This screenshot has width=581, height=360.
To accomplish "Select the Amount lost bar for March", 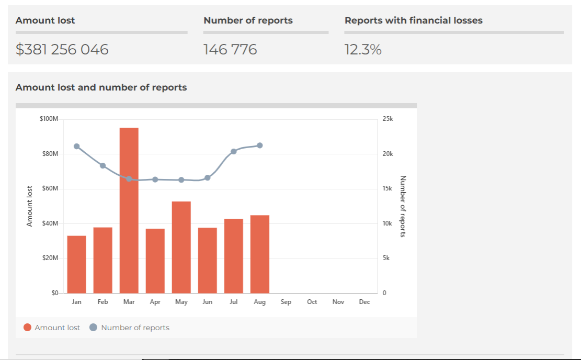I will (x=129, y=210).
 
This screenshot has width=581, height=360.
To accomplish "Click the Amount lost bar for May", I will (x=181, y=247).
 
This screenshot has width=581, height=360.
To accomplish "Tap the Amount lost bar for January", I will (x=76, y=264).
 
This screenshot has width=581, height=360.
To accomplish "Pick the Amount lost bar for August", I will (x=259, y=254).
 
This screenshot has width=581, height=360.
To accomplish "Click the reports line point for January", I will (x=77, y=147).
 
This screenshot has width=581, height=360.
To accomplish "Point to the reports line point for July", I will (x=234, y=152).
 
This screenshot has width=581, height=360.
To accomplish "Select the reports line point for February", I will (x=103, y=166).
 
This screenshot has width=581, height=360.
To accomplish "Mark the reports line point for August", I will (x=260, y=145).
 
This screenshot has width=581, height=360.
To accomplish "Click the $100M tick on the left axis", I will (x=49, y=119).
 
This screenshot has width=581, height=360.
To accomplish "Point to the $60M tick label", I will (x=50, y=189).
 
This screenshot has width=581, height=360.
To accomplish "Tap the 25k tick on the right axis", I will (x=388, y=119).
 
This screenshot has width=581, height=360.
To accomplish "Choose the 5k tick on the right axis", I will (x=386, y=258).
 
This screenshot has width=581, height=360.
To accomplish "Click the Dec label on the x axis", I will (x=364, y=302).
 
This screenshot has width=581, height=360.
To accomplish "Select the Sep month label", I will (x=286, y=302).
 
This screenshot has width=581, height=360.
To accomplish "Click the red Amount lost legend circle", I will (x=28, y=328).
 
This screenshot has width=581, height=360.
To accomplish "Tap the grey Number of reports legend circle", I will (x=94, y=328).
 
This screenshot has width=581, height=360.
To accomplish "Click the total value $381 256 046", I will (x=62, y=50).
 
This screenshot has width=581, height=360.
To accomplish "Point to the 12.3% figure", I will (x=363, y=50).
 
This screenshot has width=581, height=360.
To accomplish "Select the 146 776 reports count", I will (x=230, y=50).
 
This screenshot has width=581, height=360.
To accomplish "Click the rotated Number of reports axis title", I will (x=403, y=206).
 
